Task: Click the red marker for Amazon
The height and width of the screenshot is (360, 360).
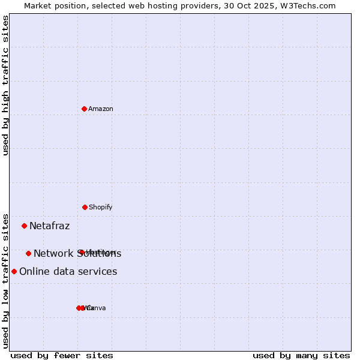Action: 84,109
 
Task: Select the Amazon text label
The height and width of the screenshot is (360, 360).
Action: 101,109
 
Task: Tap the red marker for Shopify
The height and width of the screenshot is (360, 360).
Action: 85,207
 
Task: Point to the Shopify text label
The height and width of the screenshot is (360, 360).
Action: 101,208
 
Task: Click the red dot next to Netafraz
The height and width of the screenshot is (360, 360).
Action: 24,226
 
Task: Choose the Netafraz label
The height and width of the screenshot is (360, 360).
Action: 50,226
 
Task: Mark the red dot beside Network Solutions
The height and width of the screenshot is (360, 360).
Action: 28,253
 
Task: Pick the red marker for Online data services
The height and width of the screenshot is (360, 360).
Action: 14,271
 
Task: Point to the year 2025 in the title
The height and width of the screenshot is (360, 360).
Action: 257,6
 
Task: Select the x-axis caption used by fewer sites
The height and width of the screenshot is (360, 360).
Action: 62,355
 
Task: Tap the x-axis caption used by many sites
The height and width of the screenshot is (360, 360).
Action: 301,355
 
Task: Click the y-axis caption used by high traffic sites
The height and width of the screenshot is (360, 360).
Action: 6,85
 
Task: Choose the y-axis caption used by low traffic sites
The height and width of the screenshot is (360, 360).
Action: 6,280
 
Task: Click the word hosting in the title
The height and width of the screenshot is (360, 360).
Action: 160,6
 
